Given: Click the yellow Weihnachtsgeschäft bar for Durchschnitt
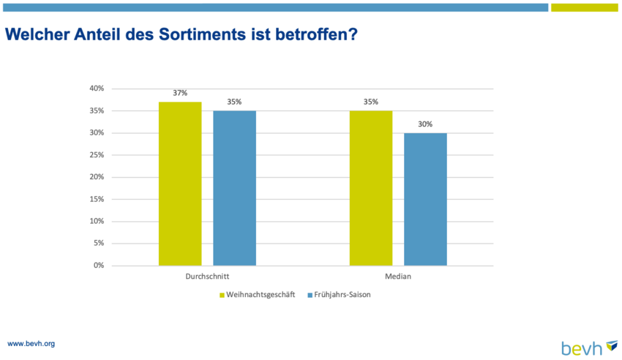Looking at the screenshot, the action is pos(180,184).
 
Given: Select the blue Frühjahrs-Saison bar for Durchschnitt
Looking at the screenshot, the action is pos(234,188).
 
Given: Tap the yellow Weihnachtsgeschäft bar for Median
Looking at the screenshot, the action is pos(371,188).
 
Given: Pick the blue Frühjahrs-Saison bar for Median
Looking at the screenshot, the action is pos(425,199).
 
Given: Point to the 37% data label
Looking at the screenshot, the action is pos(180,93).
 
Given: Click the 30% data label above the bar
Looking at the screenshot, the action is pos(425,124).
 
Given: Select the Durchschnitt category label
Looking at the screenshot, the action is pos(207,277).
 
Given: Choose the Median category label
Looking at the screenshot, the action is pos(398,277).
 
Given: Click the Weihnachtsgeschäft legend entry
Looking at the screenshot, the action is pos(258,295).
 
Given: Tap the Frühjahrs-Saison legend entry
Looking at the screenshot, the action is pos(339,295).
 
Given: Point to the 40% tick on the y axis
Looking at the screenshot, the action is pos(97,89).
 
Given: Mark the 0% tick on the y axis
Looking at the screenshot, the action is pos(99,265).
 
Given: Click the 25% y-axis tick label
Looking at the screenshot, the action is pos(97,154).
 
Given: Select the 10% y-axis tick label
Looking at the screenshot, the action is pos(97,221).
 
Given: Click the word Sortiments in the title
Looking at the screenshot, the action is pos(202,34).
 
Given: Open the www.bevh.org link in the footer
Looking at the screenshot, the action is pos(31,344).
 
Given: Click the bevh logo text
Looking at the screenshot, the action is pos(582,349).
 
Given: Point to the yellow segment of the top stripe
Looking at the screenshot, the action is pos(585,7).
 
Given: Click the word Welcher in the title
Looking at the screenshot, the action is pos(37,34).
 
